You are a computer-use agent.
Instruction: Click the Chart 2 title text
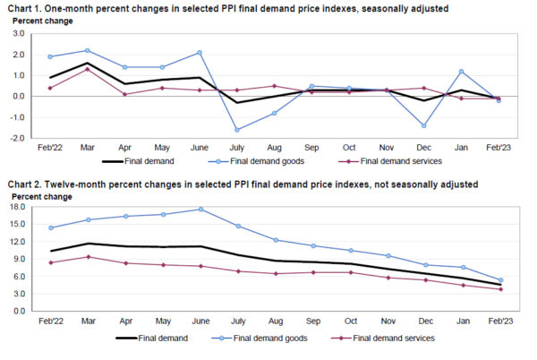(241, 184)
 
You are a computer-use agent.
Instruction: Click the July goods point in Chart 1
(237, 130)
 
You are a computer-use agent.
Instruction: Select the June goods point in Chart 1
(199, 53)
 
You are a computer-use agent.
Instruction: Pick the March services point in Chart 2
(87, 257)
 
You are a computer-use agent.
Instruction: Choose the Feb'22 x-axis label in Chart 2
(50, 321)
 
